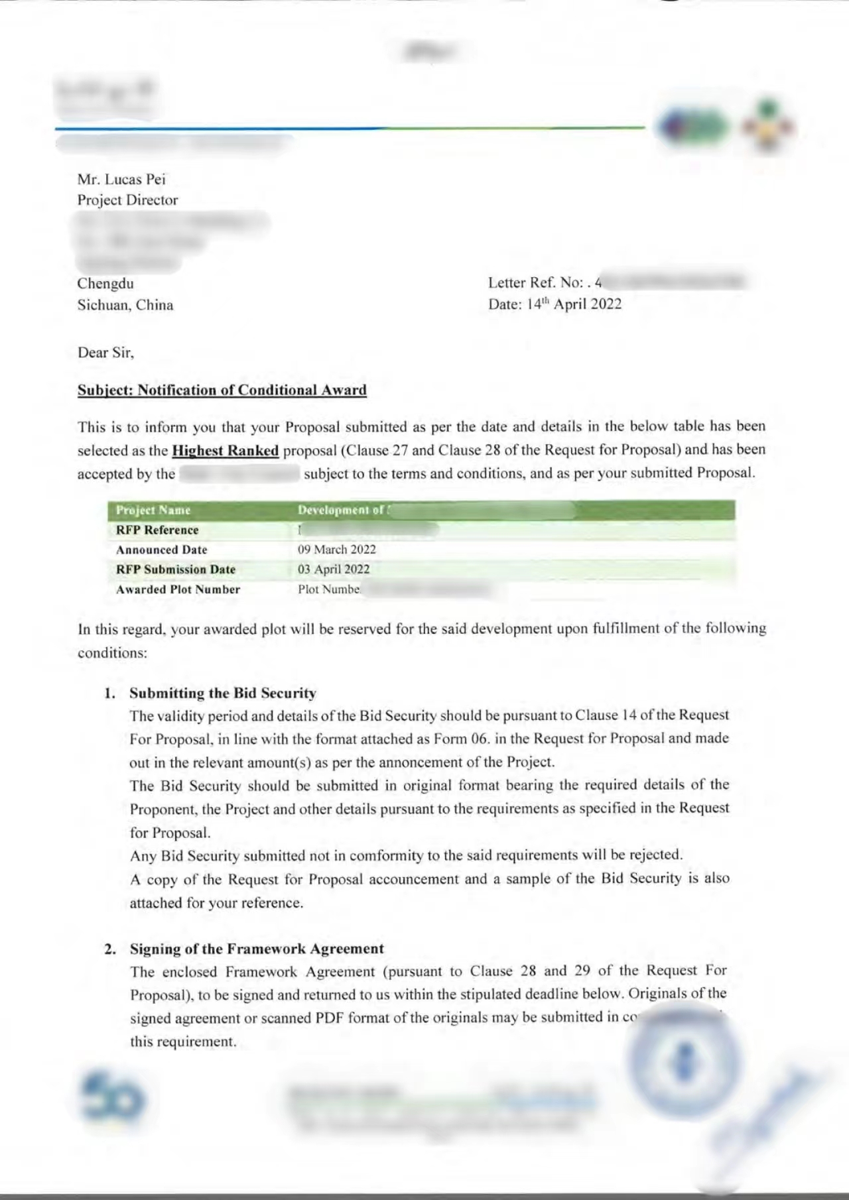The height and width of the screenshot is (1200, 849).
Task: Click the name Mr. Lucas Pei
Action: (121, 179)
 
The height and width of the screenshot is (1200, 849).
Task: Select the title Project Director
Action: (127, 200)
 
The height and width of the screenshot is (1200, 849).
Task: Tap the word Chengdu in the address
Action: (105, 284)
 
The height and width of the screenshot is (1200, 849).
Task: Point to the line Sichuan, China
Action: (125, 305)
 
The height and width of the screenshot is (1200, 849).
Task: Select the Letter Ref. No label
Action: (535, 282)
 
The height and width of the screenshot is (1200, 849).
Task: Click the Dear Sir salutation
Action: (105, 353)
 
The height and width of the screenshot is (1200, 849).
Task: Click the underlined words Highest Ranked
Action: (225, 451)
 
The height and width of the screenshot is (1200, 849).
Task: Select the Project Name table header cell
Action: (153, 510)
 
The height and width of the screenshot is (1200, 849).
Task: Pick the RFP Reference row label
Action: (157, 530)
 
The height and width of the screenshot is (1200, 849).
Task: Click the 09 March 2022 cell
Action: (337, 550)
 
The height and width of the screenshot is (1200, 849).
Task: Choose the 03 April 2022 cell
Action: (334, 570)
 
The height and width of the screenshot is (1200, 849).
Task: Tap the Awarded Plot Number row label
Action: (178, 589)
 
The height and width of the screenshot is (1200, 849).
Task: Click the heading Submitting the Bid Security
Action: (223, 693)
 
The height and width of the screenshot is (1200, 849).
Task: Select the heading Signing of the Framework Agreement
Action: (257, 949)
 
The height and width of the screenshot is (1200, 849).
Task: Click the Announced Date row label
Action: (161, 550)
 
